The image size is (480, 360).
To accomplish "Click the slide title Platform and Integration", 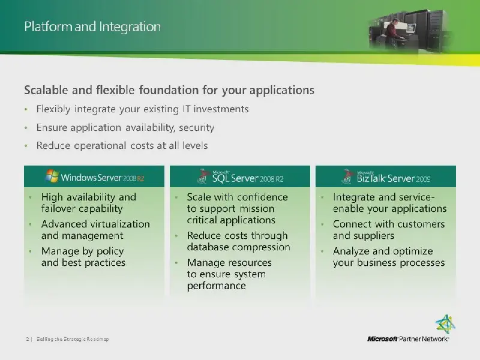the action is (92, 26).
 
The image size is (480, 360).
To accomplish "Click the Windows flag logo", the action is (52, 176).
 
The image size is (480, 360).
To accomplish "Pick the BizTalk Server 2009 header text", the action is (394, 178).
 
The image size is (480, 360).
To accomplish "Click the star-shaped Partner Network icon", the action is (445, 325).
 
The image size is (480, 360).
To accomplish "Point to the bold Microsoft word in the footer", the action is (382, 339).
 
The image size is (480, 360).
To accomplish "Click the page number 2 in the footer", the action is (28, 339).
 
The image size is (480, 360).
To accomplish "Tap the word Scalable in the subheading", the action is (46, 90).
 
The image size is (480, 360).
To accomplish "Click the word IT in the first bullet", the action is (186, 109).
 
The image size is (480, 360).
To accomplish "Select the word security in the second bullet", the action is (197, 127).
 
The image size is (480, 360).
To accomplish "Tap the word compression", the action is (260, 247).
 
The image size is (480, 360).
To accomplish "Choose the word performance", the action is (217, 286).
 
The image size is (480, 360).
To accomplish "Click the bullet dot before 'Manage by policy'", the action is (31, 251).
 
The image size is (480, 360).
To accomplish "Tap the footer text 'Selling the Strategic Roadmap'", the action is (73, 339).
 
